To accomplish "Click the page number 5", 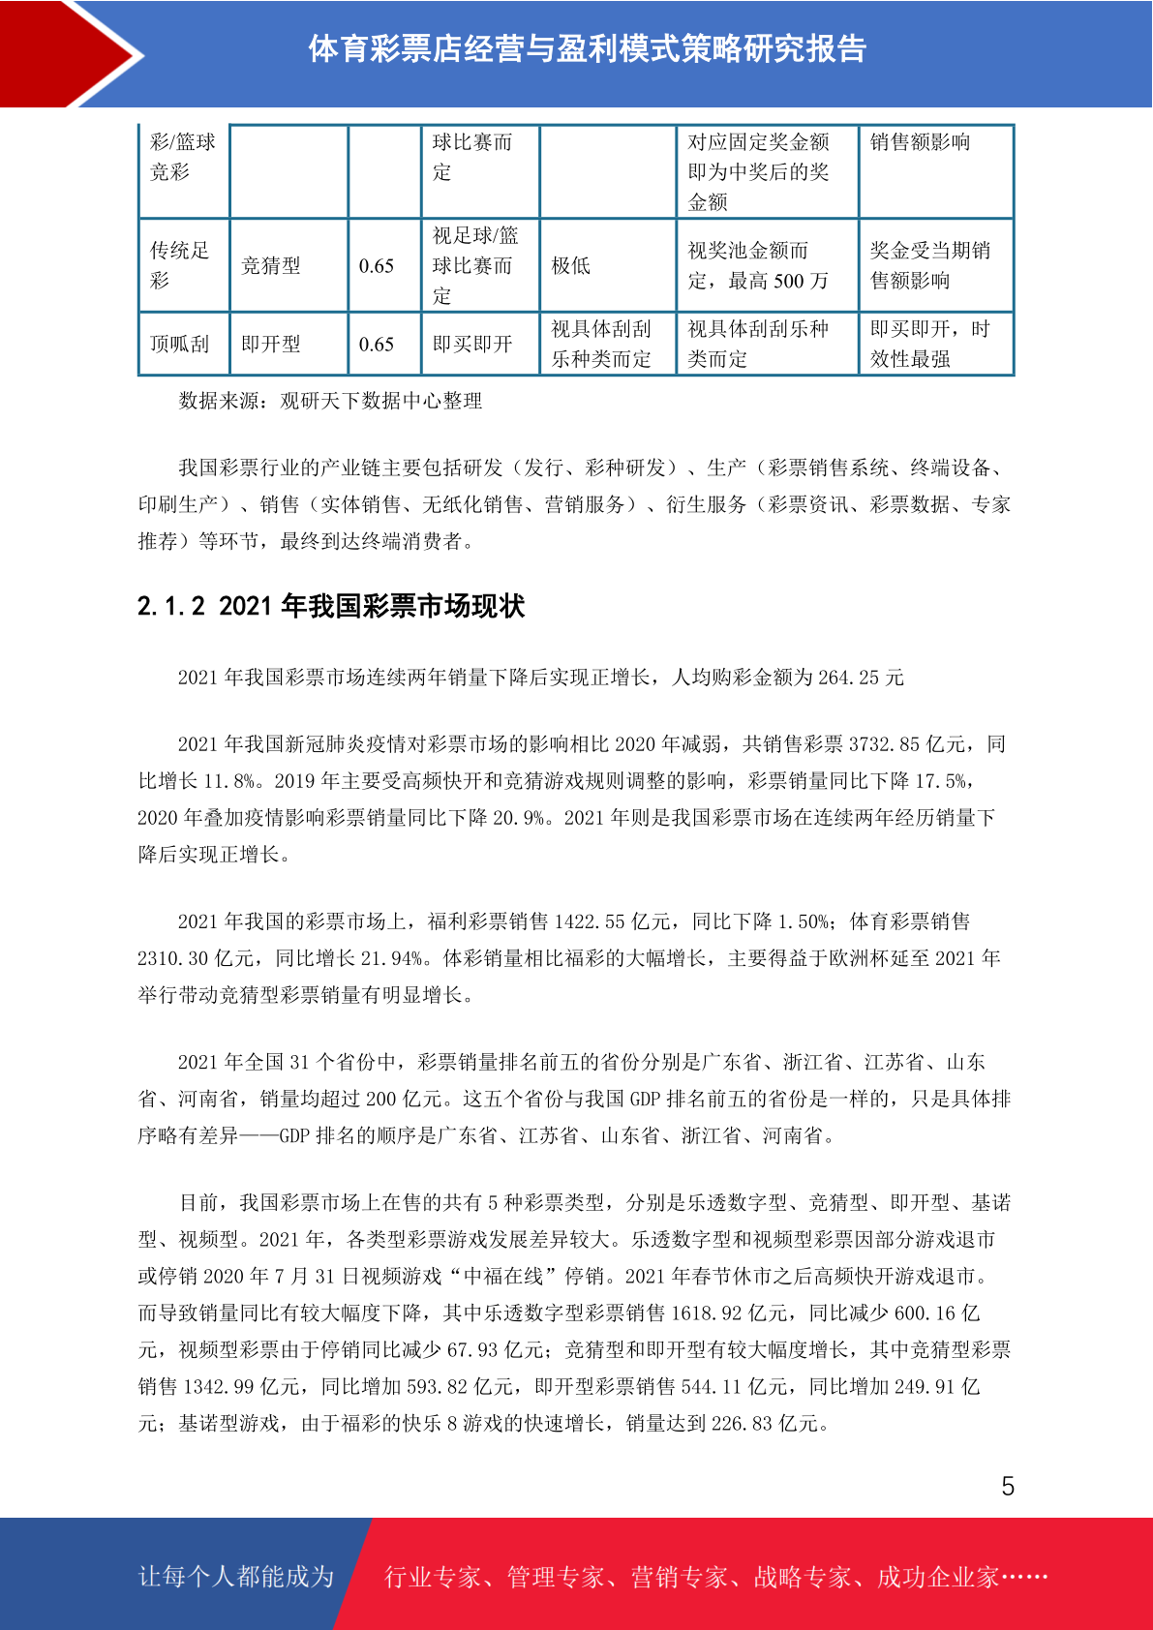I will [x=1008, y=1487].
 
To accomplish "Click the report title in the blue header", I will [x=587, y=48].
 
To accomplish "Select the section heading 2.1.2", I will [x=331, y=606].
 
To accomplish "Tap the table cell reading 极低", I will [x=570, y=266].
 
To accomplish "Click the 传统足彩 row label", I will [x=179, y=265].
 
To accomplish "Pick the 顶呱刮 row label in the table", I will [x=179, y=345].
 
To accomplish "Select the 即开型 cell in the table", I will [x=270, y=345].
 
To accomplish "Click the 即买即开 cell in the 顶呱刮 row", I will [x=471, y=345].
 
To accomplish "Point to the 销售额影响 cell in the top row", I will [x=920, y=142].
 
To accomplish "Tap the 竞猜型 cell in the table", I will [x=270, y=266].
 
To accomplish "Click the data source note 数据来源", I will [x=329, y=401].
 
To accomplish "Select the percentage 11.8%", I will [x=228, y=781].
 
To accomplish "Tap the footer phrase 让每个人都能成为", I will [x=236, y=1577].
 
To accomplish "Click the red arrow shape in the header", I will [x=73, y=53].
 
